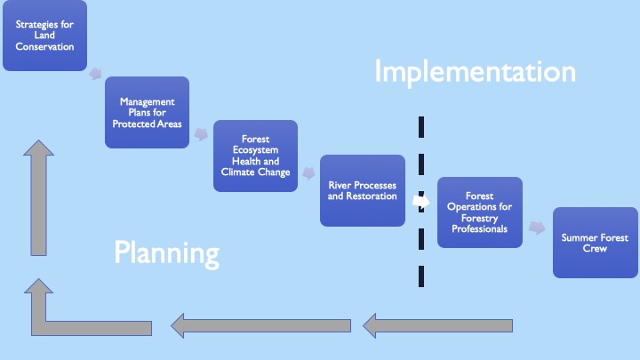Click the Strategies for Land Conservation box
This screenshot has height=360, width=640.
pyautogui.click(x=45, y=36)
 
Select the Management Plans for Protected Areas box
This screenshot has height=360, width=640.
pyautogui.click(x=147, y=112)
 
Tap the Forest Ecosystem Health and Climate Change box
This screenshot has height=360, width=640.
pyautogui.click(x=255, y=156)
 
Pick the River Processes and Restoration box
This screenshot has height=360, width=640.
pyautogui.click(x=363, y=190)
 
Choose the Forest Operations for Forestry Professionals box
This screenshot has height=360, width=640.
pyautogui.click(x=480, y=212)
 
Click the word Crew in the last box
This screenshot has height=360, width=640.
pyautogui.click(x=595, y=249)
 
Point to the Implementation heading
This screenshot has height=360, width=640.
pyautogui.click(x=475, y=72)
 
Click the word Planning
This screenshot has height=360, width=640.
pyautogui.click(x=166, y=253)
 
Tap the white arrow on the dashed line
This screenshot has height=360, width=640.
pyautogui.click(x=421, y=201)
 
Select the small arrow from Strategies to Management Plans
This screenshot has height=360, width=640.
pyautogui.click(x=95, y=74)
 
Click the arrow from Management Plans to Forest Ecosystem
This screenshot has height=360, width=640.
pyautogui.click(x=201, y=134)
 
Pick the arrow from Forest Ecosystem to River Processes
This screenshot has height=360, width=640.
pyautogui.click(x=308, y=172)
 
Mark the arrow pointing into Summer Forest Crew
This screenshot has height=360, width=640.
pyautogui.click(x=537, y=228)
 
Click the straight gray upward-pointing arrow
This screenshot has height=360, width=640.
pyautogui.click(x=39, y=198)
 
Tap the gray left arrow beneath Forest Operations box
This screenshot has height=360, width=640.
pyautogui.click(x=437, y=325)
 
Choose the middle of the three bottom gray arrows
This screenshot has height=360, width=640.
pyautogui.click(x=260, y=325)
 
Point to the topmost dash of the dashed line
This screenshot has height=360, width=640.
pyautogui.click(x=421, y=127)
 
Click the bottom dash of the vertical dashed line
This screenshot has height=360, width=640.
pyautogui.click(x=421, y=276)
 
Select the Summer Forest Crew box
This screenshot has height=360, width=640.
pyautogui.click(x=595, y=243)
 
